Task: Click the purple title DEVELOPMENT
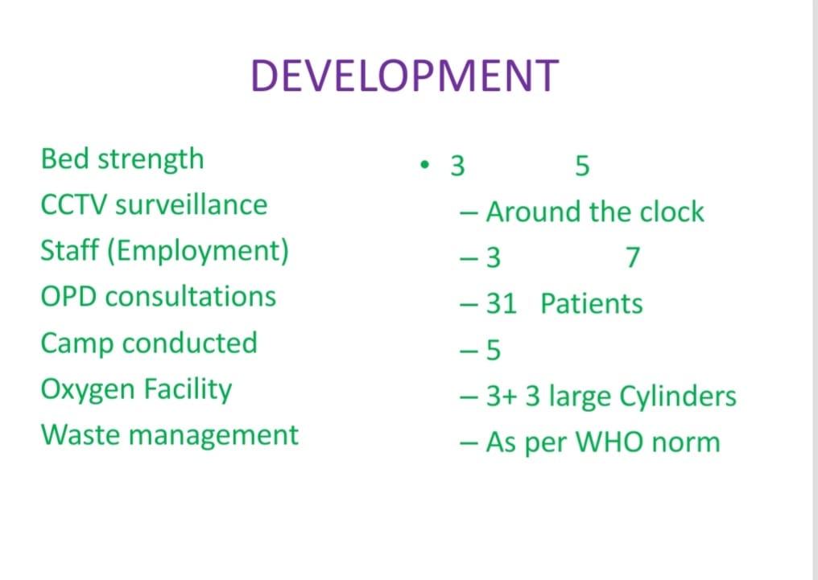(405, 76)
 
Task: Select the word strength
(151, 160)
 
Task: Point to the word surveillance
(192, 204)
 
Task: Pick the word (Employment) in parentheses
(198, 252)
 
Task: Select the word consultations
(191, 297)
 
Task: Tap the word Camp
(76, 344)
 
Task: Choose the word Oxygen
(88, 391)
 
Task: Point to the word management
(213, 436)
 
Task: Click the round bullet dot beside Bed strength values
(424, 165)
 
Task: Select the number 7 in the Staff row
(633, 257)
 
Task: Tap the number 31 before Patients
(502, 304)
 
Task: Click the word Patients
(592, 304)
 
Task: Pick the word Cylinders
(678, 397)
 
